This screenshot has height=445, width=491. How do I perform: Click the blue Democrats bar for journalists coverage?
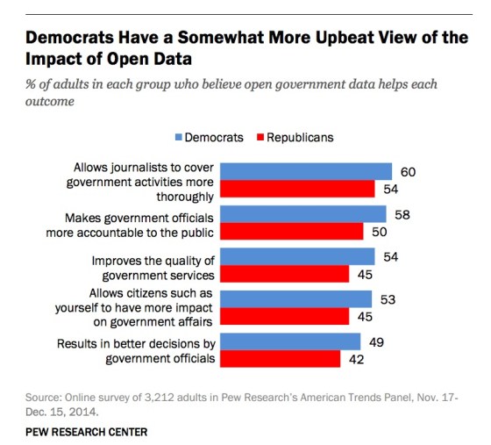pos(304,171)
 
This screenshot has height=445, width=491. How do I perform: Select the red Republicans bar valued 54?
pos(295,189)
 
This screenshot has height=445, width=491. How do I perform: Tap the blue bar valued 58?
pos(302,214)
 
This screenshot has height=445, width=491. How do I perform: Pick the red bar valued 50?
pos(290,231)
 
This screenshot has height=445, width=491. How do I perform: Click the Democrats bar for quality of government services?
pos(295,256)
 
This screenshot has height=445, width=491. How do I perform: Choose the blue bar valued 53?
pos(295,299)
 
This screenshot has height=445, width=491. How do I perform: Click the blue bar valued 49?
pos(288,341)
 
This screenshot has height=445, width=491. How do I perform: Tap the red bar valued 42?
pos(279,359)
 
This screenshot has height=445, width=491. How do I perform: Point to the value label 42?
pos(358,359)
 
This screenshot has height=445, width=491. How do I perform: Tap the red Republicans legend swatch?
pos(260,137)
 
